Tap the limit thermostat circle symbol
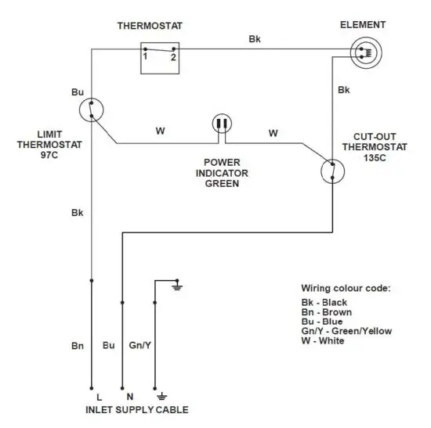tap(92, 110)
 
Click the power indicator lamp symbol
tap(222, 124)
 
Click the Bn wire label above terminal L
tap(77, 345)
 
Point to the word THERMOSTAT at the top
tap(150, 26)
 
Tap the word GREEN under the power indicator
tap(222, 185)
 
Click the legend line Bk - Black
tap(324, 302)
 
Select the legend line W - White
tap(323, 340)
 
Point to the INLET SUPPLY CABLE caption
tap(137, 409)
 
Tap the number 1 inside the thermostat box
tap(146, 57)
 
